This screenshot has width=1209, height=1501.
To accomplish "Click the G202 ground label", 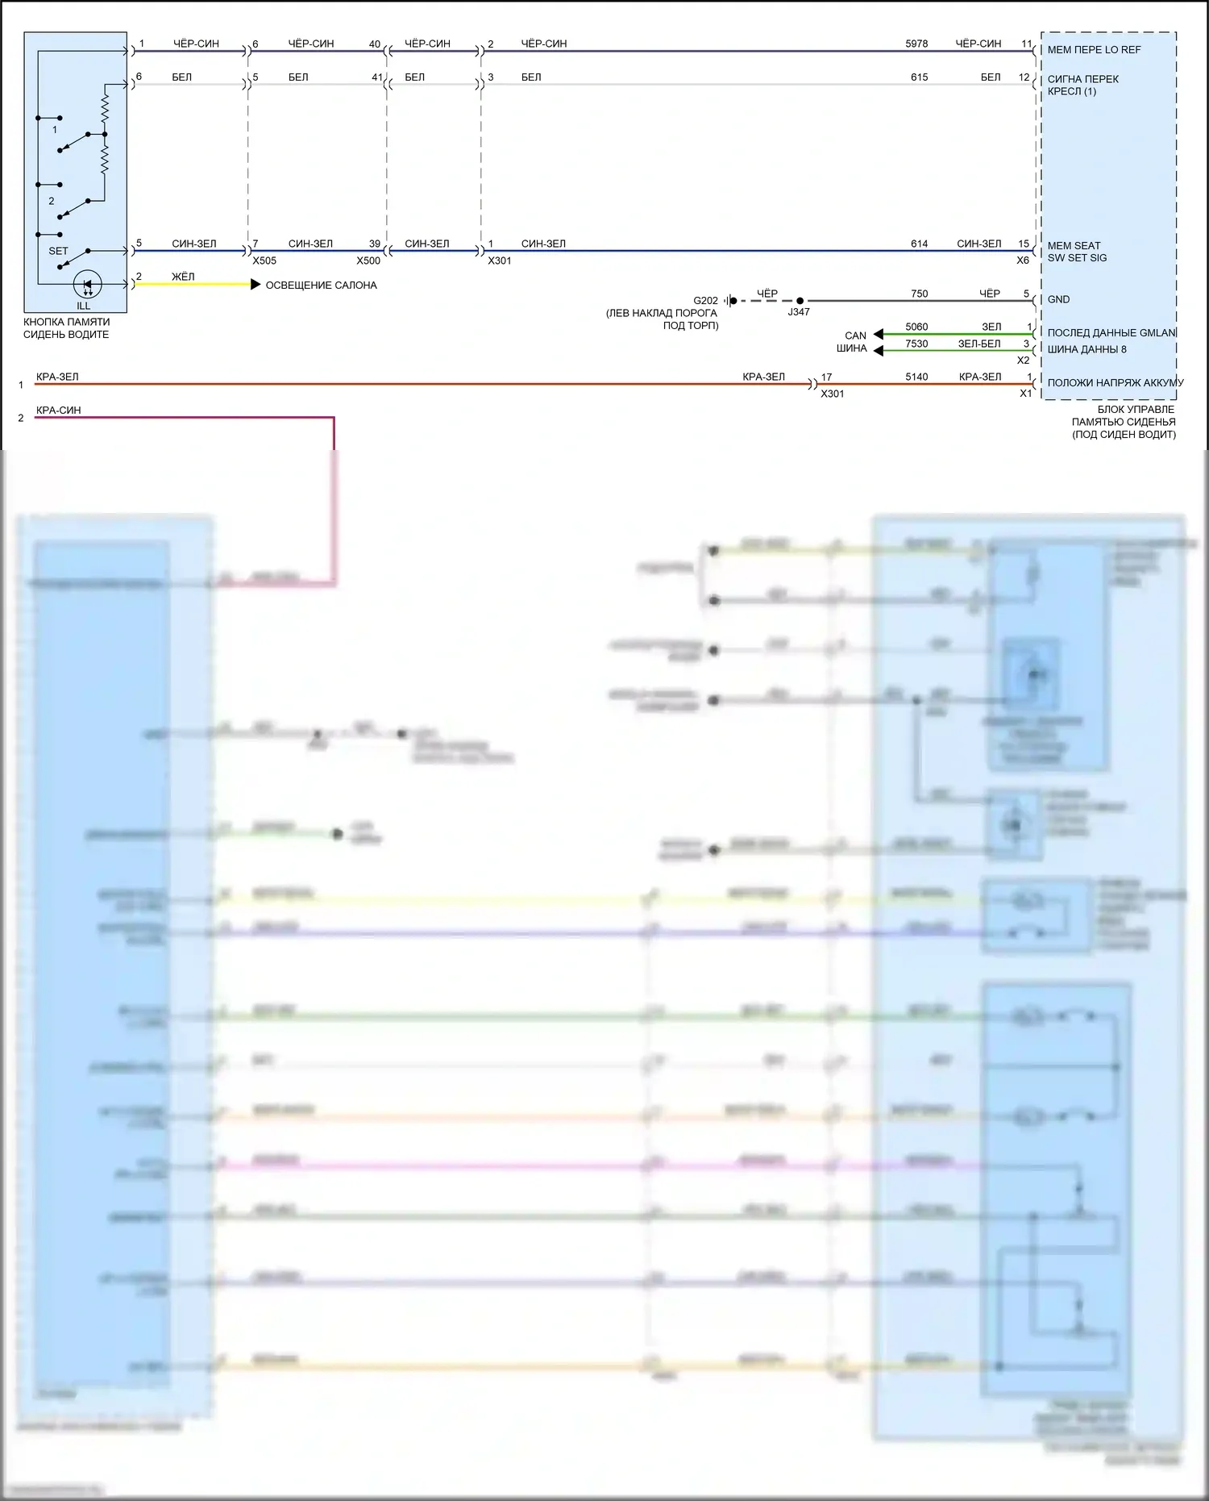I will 705,301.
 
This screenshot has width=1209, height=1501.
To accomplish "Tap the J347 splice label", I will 798,312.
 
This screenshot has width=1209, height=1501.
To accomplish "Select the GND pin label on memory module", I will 1058,299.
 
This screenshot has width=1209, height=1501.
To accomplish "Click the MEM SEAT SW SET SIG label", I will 1077,252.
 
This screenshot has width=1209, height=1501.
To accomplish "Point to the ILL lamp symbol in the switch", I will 87,285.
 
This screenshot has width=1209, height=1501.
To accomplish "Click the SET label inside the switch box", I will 58,251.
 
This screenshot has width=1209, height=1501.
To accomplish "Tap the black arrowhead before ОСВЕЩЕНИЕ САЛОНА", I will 256,285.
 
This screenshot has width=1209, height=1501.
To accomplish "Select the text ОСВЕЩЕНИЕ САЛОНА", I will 321,286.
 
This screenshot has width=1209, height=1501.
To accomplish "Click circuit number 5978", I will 916,44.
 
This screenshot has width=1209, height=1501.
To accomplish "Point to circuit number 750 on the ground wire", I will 919,294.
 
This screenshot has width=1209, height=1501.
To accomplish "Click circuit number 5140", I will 916,377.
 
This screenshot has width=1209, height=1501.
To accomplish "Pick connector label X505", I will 264,261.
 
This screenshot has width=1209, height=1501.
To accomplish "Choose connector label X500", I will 368,261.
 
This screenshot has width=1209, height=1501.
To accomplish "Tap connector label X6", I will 1022,261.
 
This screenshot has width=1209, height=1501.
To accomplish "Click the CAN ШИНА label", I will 853,342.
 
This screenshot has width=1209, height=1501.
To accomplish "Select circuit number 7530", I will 916,344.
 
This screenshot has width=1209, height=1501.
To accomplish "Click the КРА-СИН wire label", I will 58,410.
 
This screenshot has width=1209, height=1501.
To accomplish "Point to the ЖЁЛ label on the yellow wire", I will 183,277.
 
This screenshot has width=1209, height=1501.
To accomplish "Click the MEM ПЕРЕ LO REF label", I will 1094,50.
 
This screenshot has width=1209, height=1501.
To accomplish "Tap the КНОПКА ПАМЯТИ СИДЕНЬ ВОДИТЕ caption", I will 66,328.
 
